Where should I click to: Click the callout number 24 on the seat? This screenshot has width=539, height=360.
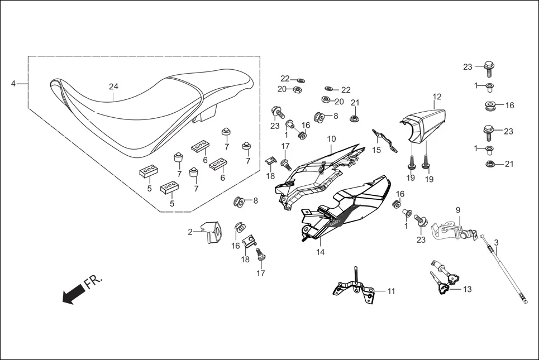tap(113, 87)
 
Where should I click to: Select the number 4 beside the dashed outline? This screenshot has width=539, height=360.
tap(13, 84)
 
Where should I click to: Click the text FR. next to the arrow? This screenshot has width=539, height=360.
tap(93, 282)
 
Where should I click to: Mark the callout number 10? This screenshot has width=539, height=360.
tap(331, 138)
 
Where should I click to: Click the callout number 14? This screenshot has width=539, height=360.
tap(321, 252)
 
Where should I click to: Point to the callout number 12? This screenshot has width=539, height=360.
tap(437, 97)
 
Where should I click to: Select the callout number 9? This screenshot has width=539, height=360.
tap(458, 210)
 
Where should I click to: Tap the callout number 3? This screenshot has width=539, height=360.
tap(496, 243)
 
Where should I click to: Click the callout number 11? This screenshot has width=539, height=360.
tap(391, 291)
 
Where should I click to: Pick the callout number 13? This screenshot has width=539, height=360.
tap(468, 289)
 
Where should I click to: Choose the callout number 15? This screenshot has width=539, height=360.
tap(376, 150)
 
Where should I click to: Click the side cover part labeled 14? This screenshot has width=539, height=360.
tap(346, 207)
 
